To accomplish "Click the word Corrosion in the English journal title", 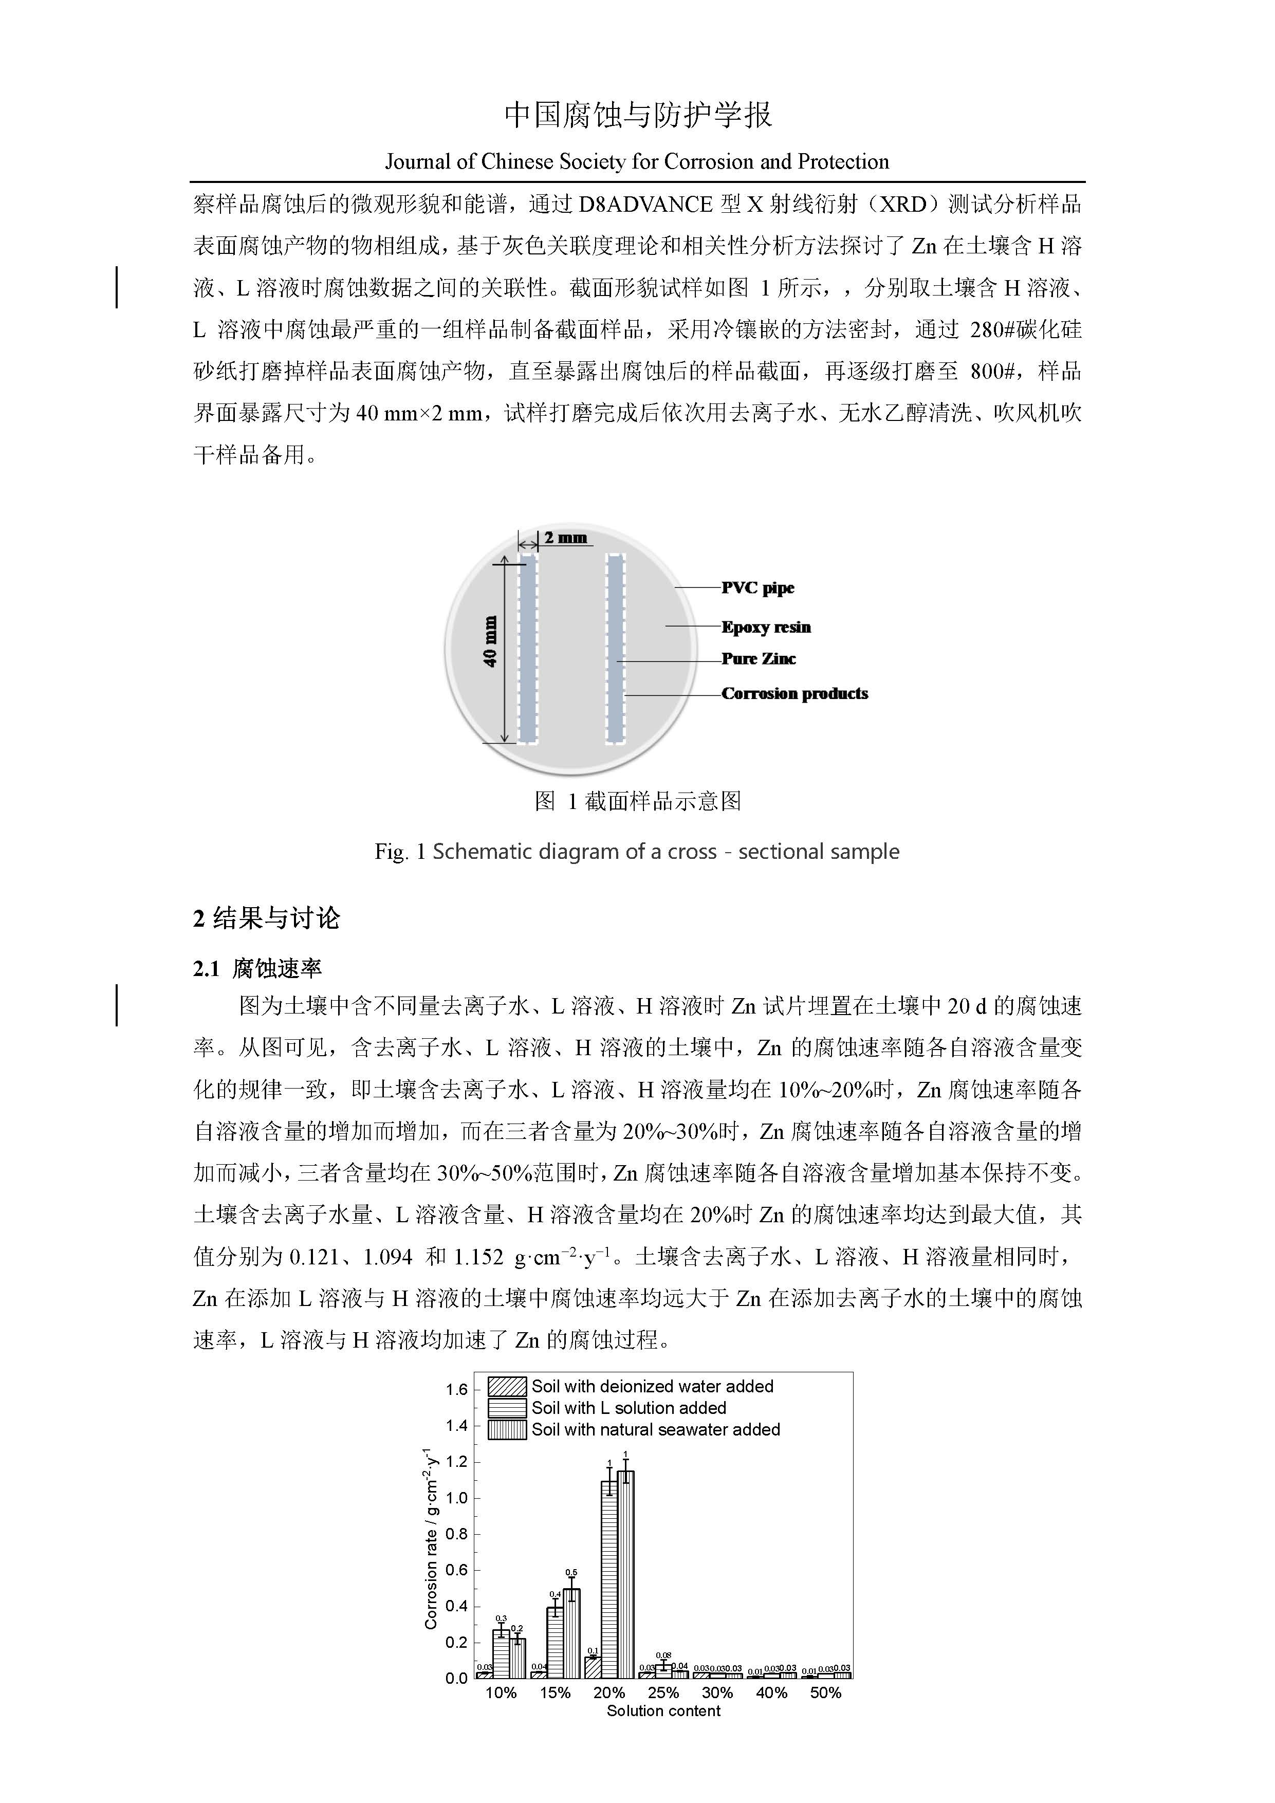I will [703, 162].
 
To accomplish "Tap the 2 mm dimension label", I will [565, 538].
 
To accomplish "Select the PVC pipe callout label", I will [757, 587].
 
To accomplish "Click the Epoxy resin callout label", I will [766, 627].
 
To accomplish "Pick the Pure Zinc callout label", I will [759, 659].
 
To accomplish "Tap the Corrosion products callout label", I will [794, 693].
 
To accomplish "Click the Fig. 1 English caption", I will [637, 852].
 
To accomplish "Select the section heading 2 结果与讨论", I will [266, 918].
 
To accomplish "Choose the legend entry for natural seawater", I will [656, 1429].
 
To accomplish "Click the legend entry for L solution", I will [628, 1408].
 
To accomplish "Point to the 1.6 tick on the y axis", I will [456, 1390].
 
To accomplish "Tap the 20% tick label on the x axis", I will [609, 1693].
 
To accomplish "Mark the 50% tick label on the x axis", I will [825, 1693].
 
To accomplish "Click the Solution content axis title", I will [663, 1711].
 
